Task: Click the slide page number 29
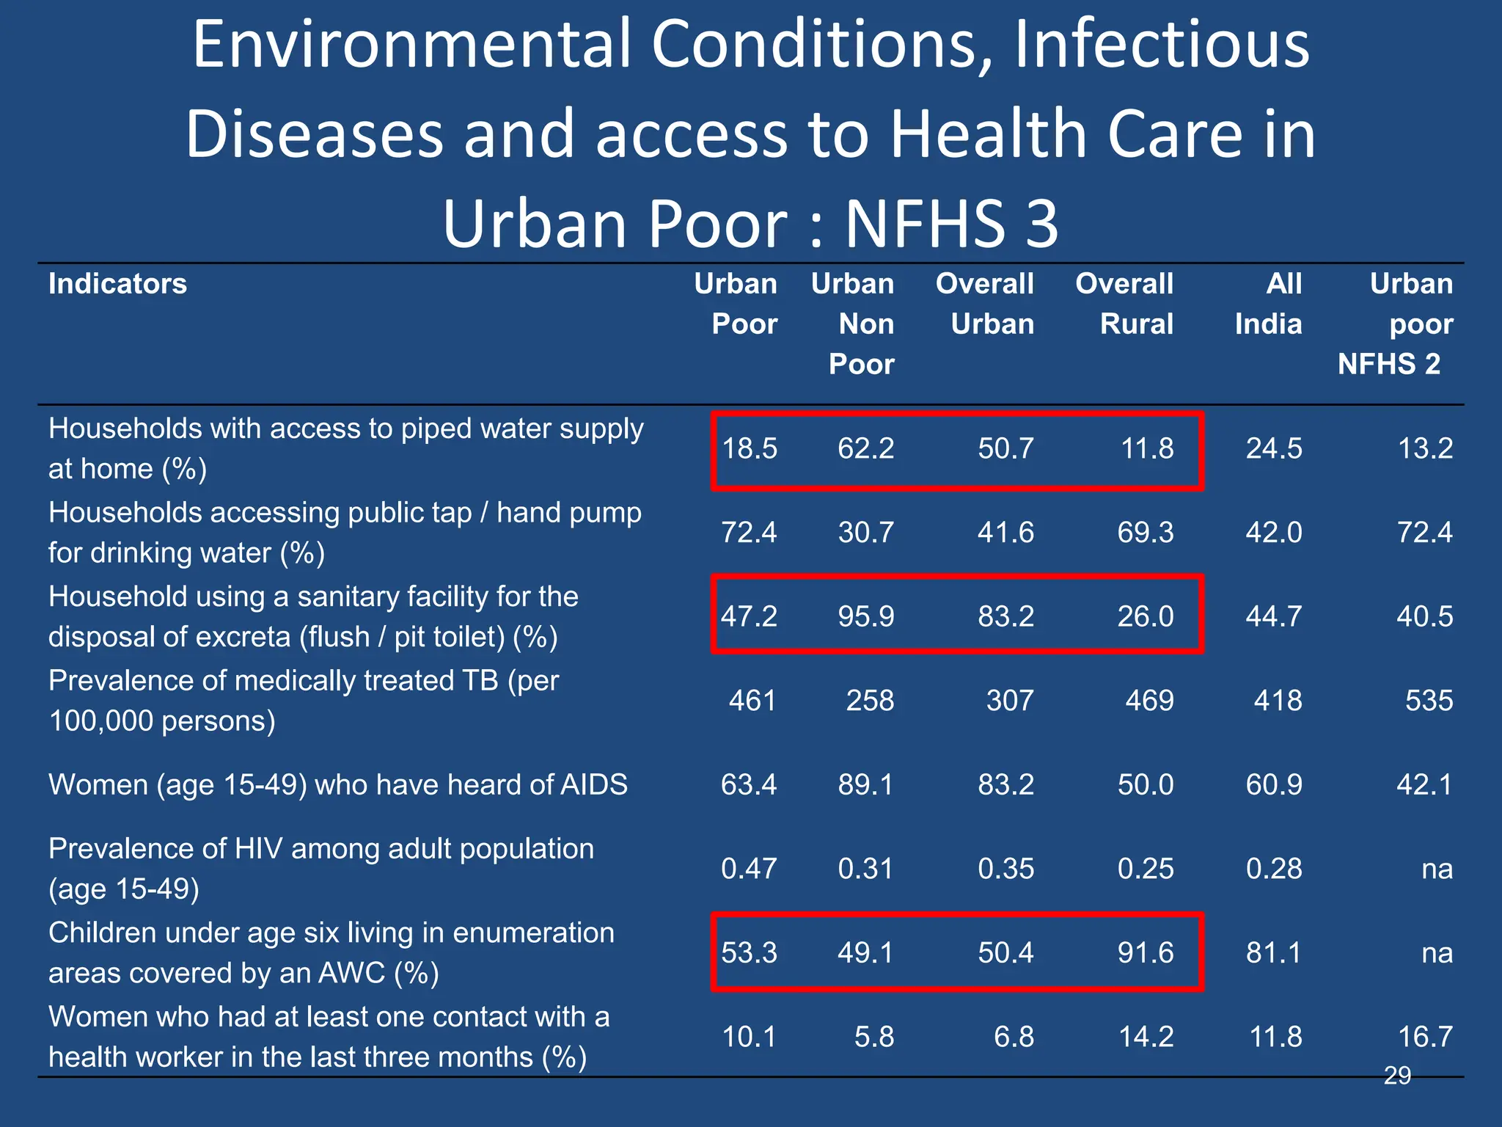[1397, 1075]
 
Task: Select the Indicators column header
[117, 284]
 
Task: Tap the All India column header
[1269, 304]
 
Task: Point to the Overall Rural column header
[1124, 304]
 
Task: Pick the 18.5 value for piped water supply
[750, 448]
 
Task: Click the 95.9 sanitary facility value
[866, 616]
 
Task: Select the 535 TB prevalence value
[1429, 701]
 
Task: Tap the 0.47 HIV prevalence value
[749, 869]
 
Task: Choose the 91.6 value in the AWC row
[1146, 953]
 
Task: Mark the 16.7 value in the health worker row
[1425, 1037]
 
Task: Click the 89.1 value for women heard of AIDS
[866, 785]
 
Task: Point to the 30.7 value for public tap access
[866, 532]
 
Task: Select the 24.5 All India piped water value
[1274, 448]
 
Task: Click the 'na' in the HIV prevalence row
[1437, 869]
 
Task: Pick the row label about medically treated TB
[304, 701]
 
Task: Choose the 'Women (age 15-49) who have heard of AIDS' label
[338, 785]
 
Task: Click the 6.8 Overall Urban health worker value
[1014, 1037]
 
